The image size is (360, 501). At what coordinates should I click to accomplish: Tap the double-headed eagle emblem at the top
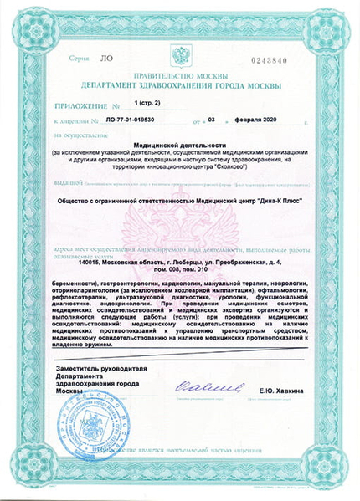pos(180,57)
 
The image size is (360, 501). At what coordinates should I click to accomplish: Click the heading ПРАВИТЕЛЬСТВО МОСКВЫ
pos(180,75)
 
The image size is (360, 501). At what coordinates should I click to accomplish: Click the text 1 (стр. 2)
pos(150,103)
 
